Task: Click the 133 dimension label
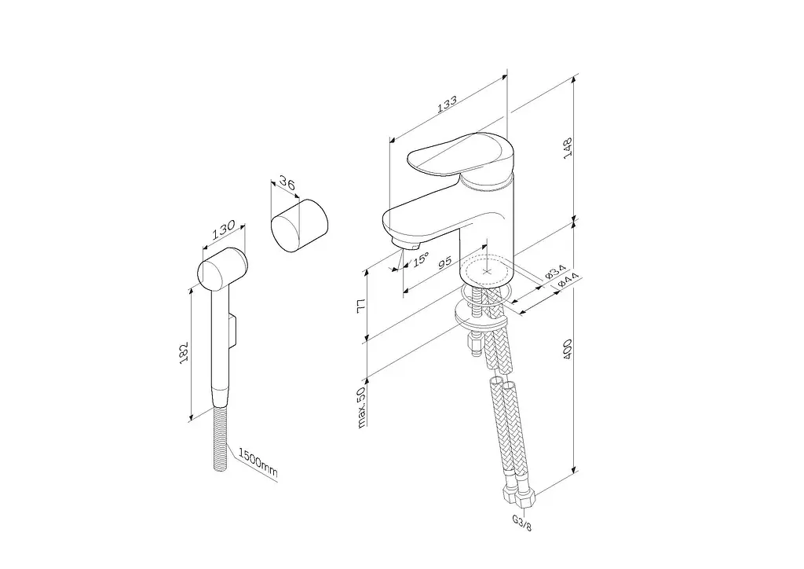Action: coord(447,105)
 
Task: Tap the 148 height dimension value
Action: coord(568,148)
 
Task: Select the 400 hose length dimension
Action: coord(567,349)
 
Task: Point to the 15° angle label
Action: coord(421,259)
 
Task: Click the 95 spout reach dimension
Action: coord(445,261)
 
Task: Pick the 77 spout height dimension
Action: coord(361,304)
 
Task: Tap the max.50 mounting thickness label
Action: coord(361,407)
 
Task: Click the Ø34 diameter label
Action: coord(555,271)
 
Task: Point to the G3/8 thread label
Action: coord(522,523)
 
